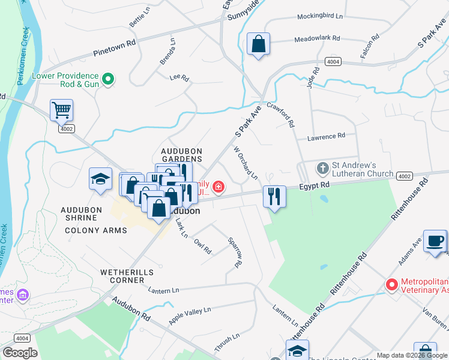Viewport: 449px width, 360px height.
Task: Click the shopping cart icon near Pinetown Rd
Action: (x=61, y=110)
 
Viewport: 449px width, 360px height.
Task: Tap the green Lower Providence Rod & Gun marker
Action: (x=108, y=78)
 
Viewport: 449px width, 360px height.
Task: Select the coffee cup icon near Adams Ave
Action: (x=435, y=241)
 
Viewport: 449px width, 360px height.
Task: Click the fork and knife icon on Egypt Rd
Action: (x=274, y=196)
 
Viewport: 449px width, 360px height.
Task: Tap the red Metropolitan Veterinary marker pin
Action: (x=392, y=284)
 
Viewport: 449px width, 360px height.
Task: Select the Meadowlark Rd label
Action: (x=318, y=40)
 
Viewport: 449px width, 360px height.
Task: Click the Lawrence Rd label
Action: (x=327, y=137)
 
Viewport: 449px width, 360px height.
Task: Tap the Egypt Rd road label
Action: (x=316, y=187)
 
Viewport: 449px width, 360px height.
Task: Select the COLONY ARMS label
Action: (x=95, y=230)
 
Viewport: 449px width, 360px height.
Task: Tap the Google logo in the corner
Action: (x=20, y=353)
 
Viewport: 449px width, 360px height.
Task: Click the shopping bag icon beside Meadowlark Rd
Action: (x=258, y=44)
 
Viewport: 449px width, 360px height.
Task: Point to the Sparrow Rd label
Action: (x=235, y=252)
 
